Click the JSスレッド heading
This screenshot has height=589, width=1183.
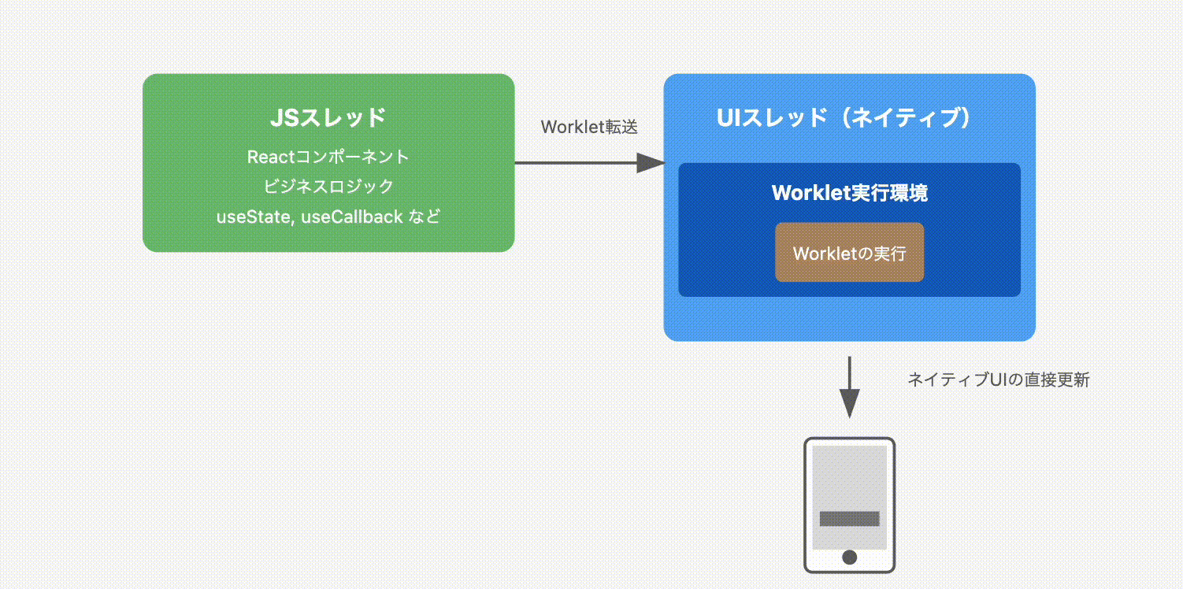pyautogui.click(x=328, y=118)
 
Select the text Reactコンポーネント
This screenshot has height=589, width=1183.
pyautogui.click(x=328, y=157)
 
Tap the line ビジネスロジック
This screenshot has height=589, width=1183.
pyautogui.click(x=328, y=187)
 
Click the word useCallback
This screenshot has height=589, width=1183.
pyautogui.click(x=352, y=217)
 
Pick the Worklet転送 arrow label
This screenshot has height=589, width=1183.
pyautogui.click(x=589, y=127)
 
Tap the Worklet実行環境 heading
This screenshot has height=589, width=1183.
pyautogui.click(x=849, y=193)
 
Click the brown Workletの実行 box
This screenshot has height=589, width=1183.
pyautogui.click(x=849, y=253)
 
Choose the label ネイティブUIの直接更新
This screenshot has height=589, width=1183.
pyautogui.click(x=999, y=380)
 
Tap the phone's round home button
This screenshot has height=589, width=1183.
pyautogui.click(x=849, y=558)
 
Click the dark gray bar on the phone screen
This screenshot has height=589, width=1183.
pyautogui.click(x=849, y=519)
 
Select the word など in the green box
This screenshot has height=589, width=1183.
pyautogui.click(x=425, y=217)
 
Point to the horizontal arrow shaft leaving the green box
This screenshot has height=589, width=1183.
pyautogui.click(x=575, y=163)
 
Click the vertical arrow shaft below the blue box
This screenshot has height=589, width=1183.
pyautogui.click(x=849, y=373)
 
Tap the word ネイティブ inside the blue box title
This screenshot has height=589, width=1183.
pyautogui.click(x=903, y=118)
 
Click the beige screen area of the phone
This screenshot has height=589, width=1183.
pyautogui.click(x=849, y=476)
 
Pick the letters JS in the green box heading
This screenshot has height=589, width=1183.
pyautogui.click(x=283, y=118)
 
